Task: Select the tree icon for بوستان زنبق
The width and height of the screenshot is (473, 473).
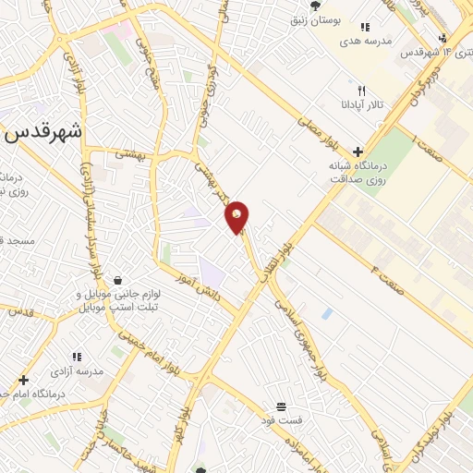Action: [316, 6]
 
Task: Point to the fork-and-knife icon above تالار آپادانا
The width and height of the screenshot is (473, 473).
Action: [362, 91]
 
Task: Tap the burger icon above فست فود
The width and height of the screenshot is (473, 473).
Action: [281, 406]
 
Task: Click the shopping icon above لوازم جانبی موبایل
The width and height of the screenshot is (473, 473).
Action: [117, 279]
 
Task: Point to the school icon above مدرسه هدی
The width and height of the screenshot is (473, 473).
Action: [365, 28]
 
